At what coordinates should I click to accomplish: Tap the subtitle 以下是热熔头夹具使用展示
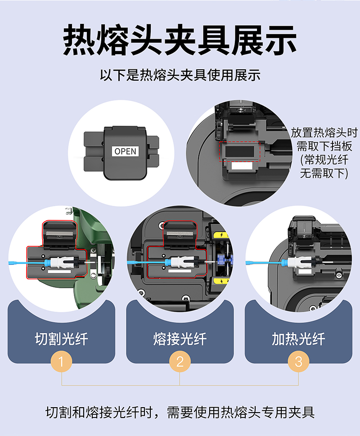click(180, 75)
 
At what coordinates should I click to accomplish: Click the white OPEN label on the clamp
click(125, 151)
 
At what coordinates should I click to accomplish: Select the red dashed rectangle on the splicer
click(239, 151)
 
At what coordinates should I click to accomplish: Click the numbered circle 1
click(61, 362)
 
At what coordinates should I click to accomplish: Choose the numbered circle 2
click(180, 362)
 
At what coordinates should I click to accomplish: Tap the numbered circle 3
click(298, 362)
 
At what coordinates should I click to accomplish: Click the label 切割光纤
click(61, 339)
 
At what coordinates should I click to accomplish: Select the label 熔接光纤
click(180, 339)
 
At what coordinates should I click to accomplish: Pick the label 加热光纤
click(298, 339)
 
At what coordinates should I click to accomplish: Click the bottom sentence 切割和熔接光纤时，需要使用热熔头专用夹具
click(180, 413)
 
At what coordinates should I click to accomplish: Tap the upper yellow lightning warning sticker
click(221, 235)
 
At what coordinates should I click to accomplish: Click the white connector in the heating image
click(299, 263)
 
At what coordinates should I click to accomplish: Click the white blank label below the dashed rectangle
click(242, 166)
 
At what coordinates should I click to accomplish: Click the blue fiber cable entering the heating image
click(264, 263)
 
